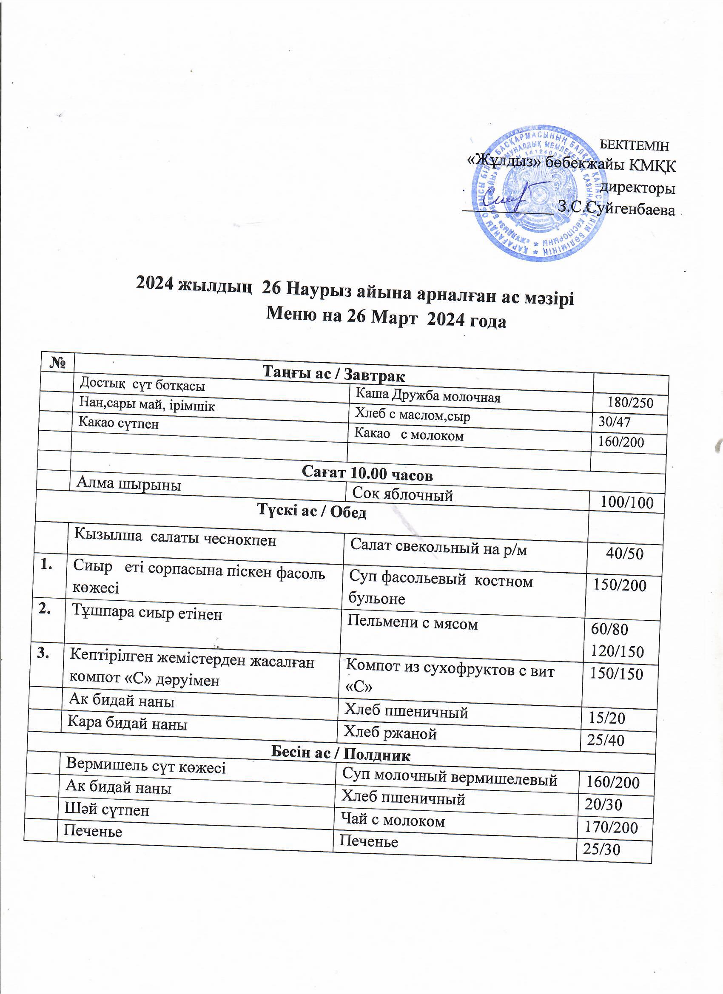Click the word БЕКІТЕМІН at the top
[x=634, y=145]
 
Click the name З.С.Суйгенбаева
[x=616, y=209]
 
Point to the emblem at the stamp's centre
[x=538, y=193]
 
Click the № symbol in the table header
[x=58, y=363]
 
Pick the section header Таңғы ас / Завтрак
[x=334, y=374]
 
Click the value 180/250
[x=630, y=402]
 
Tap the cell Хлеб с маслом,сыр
[x=412, y=415]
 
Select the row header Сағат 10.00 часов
[x=367, y=474]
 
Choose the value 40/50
[x=624, y=554]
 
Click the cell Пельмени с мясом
[x=412, y=623]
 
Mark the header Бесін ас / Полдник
[x=341, y=753]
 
